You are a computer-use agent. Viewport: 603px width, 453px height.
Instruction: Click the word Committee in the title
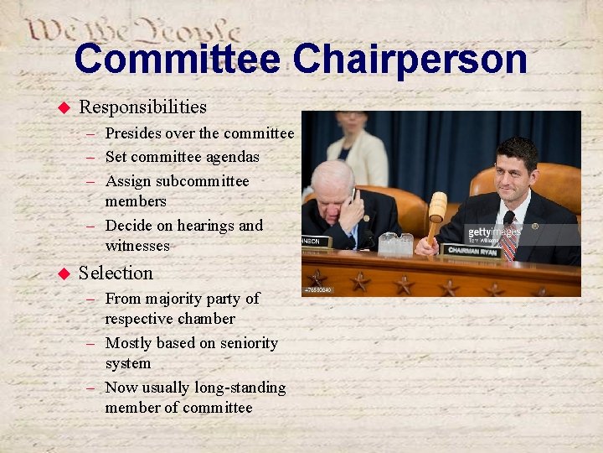pos(177,59)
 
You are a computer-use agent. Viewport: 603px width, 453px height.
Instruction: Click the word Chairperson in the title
pos(410,59)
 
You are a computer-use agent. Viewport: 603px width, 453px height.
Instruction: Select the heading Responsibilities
pos(142,107)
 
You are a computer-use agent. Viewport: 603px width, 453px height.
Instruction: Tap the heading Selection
pos(116,273)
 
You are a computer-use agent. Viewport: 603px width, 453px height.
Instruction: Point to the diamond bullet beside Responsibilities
pos(62,107)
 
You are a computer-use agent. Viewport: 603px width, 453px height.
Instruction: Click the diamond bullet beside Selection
pos(62,273)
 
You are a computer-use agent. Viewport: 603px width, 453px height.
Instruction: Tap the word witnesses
pos(137,246)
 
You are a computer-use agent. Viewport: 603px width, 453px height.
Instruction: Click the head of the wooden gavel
pos(437,206)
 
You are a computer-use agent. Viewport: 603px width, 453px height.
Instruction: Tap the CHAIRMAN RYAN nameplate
pos(472,250)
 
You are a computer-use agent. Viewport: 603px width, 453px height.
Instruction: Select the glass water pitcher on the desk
pos(394,243)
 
